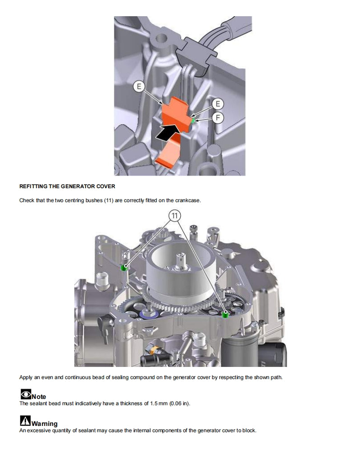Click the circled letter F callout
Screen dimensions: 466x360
coord(218,118)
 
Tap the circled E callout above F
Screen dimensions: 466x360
coord(218,104)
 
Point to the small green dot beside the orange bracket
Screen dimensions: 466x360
coord(193,121)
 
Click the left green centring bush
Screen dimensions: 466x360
coord(124,268)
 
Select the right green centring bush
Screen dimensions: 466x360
coord(225,314)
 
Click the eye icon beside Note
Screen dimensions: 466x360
coord(25,395)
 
